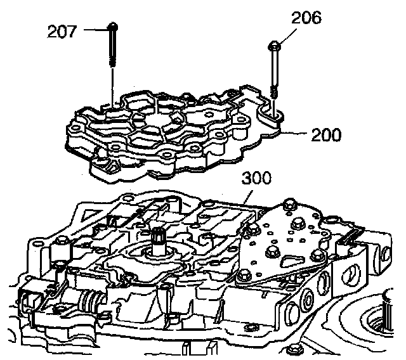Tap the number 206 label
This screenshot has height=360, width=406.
click(306, 18)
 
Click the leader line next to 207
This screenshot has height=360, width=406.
click(95, 29)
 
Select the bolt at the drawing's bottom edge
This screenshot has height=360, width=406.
click(294, 350)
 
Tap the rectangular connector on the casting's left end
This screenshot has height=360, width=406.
click(32, 297)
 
